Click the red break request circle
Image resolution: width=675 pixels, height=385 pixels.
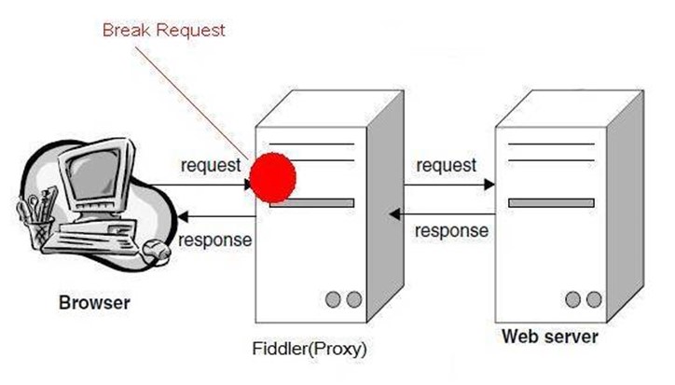click(x=273, y=177)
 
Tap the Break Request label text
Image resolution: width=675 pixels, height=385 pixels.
click(x=164, y=30)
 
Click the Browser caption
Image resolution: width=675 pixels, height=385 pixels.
click(x=94, y=303)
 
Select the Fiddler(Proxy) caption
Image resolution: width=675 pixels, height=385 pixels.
click(x=310, y=349)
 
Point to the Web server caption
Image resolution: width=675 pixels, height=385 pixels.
click(x=550, y=337)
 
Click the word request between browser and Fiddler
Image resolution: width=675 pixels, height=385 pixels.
click(x=211, y=165)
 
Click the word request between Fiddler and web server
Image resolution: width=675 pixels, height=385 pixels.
click(x=447, y=165)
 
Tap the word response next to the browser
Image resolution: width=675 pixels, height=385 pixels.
click(x=214, y=240)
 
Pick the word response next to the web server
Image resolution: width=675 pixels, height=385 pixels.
click(x=451, y=231)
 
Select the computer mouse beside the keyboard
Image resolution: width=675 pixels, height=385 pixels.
click(x=156, y=250)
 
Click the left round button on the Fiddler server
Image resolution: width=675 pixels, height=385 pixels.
click(x=333, y=299)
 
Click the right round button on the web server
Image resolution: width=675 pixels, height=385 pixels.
click(x=594, y=299)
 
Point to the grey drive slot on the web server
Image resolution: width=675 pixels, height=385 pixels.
click(x=551, y=203)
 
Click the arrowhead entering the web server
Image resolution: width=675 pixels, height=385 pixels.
click(x=489, y=186)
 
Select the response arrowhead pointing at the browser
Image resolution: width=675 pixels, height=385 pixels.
click(x=183, y=216)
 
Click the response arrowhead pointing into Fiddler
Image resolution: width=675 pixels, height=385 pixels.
click(x=394, y=213)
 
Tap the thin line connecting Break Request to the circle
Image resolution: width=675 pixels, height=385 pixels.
click(x=192, y=103)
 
